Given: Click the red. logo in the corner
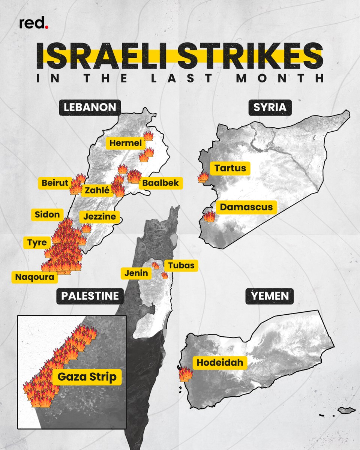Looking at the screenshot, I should pos(34,24).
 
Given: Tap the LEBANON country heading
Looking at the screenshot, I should pos(90,108).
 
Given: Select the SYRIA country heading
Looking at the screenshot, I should pos(270,108).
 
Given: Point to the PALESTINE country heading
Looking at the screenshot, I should pos(90,296).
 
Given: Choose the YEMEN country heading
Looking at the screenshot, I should pos(270,296).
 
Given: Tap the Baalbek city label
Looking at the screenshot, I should pos(160,183).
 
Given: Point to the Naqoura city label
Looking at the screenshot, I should pos(34,277).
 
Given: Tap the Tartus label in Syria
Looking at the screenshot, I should pos(231,168).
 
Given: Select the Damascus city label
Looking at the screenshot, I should pos(246,207).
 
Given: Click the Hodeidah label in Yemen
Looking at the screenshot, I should pos(220,363).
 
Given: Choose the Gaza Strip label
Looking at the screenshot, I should pos(87,377).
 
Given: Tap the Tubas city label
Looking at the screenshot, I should pos(181,265).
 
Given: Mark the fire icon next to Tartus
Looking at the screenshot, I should pos(203,177).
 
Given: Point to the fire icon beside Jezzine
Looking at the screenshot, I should pos(86,228).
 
